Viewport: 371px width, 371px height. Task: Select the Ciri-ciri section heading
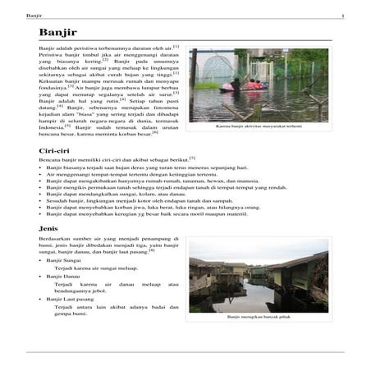pyautogui.click(x=55, y=152)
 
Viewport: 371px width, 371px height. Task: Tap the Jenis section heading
pyautogui.click(x=49, y=227)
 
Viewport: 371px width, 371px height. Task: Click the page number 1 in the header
pyautogui.click(x=342, y=16)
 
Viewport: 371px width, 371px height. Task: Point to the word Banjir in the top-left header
pyautogui.click(x=34, y=16)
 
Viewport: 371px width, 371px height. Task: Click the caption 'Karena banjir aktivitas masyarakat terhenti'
pyautogui.click(x=259, y=126)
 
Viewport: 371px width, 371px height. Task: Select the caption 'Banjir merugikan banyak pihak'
pyautogui.click(x=259, y=316)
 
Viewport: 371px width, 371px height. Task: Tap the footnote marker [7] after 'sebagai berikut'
pyautogui.click(x=192, y=158)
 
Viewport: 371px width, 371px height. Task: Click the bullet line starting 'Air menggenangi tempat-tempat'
pyautogui.click(x=123, y=175)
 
